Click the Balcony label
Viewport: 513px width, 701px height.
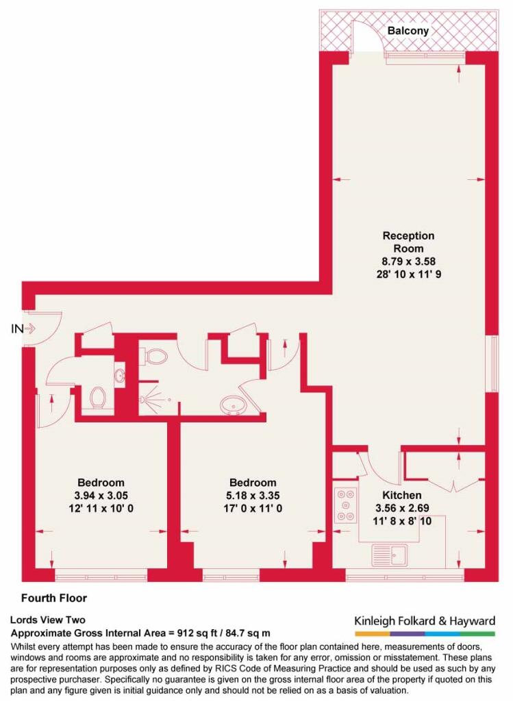coord(408,31)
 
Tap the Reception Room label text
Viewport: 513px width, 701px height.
coord(408,242)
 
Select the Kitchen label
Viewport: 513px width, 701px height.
coord(401,495)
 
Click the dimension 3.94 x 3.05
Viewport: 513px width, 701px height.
coord(101,496)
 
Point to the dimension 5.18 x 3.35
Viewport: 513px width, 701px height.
coord(253,496)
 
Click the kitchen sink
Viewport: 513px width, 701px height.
coord(390,555)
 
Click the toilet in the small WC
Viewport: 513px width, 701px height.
coord(97,397)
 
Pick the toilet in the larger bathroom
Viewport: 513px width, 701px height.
coord(154,357)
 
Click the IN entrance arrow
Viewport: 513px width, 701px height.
coord(30,329)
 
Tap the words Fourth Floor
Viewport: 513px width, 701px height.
coord(54,598)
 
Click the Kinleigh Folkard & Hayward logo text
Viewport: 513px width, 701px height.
coord(425,620)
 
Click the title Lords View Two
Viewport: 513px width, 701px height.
coord(47,620)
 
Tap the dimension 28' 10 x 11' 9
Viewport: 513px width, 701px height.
coord(409,274)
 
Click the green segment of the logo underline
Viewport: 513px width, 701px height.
coord(477,633)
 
